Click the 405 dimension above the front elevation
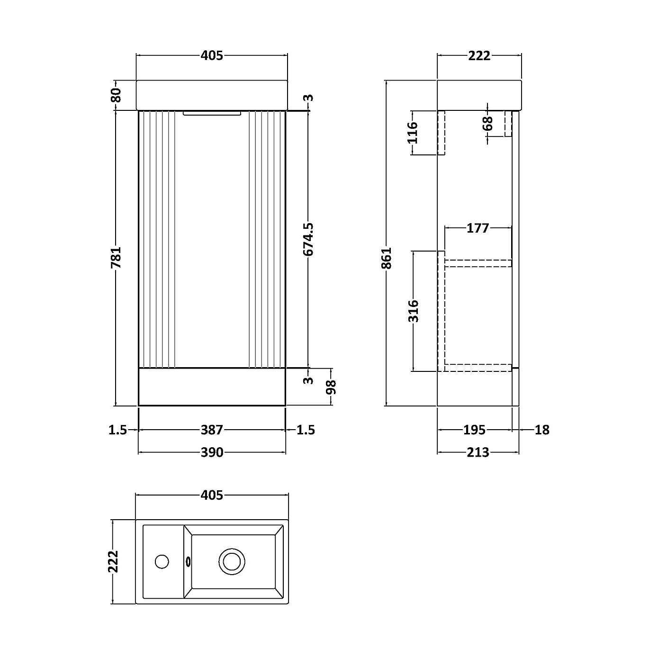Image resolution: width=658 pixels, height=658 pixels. point(211,56)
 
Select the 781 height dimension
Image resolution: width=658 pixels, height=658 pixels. point(117,257)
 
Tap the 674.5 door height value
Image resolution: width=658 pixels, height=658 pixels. point(309,240)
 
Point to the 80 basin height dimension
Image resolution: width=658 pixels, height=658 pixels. point(117,95)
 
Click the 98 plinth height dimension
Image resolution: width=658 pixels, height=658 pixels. point(331,387)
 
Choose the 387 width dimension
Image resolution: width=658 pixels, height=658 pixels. point(211,430)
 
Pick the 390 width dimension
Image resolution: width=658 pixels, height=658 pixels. point(211,452)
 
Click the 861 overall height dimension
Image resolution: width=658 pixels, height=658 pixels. point(388,258)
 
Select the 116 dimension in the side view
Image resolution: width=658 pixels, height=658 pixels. point(413,133)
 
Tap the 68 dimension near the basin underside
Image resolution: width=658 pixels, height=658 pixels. point(488,124)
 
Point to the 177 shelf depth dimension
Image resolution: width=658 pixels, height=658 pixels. point(478,228)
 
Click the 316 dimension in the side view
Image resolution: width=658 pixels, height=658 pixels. point(414,311)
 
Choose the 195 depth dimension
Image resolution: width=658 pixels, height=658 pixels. point(474,430)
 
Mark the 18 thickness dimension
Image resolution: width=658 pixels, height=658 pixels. point(541,430)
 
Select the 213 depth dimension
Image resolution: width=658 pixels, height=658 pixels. point(478,452)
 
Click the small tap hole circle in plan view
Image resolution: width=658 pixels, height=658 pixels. point(162,562)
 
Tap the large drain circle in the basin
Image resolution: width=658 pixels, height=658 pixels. point(232,562)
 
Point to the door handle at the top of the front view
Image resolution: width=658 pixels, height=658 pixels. point(212,113)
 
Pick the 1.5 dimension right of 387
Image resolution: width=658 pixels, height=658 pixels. point(306,430)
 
